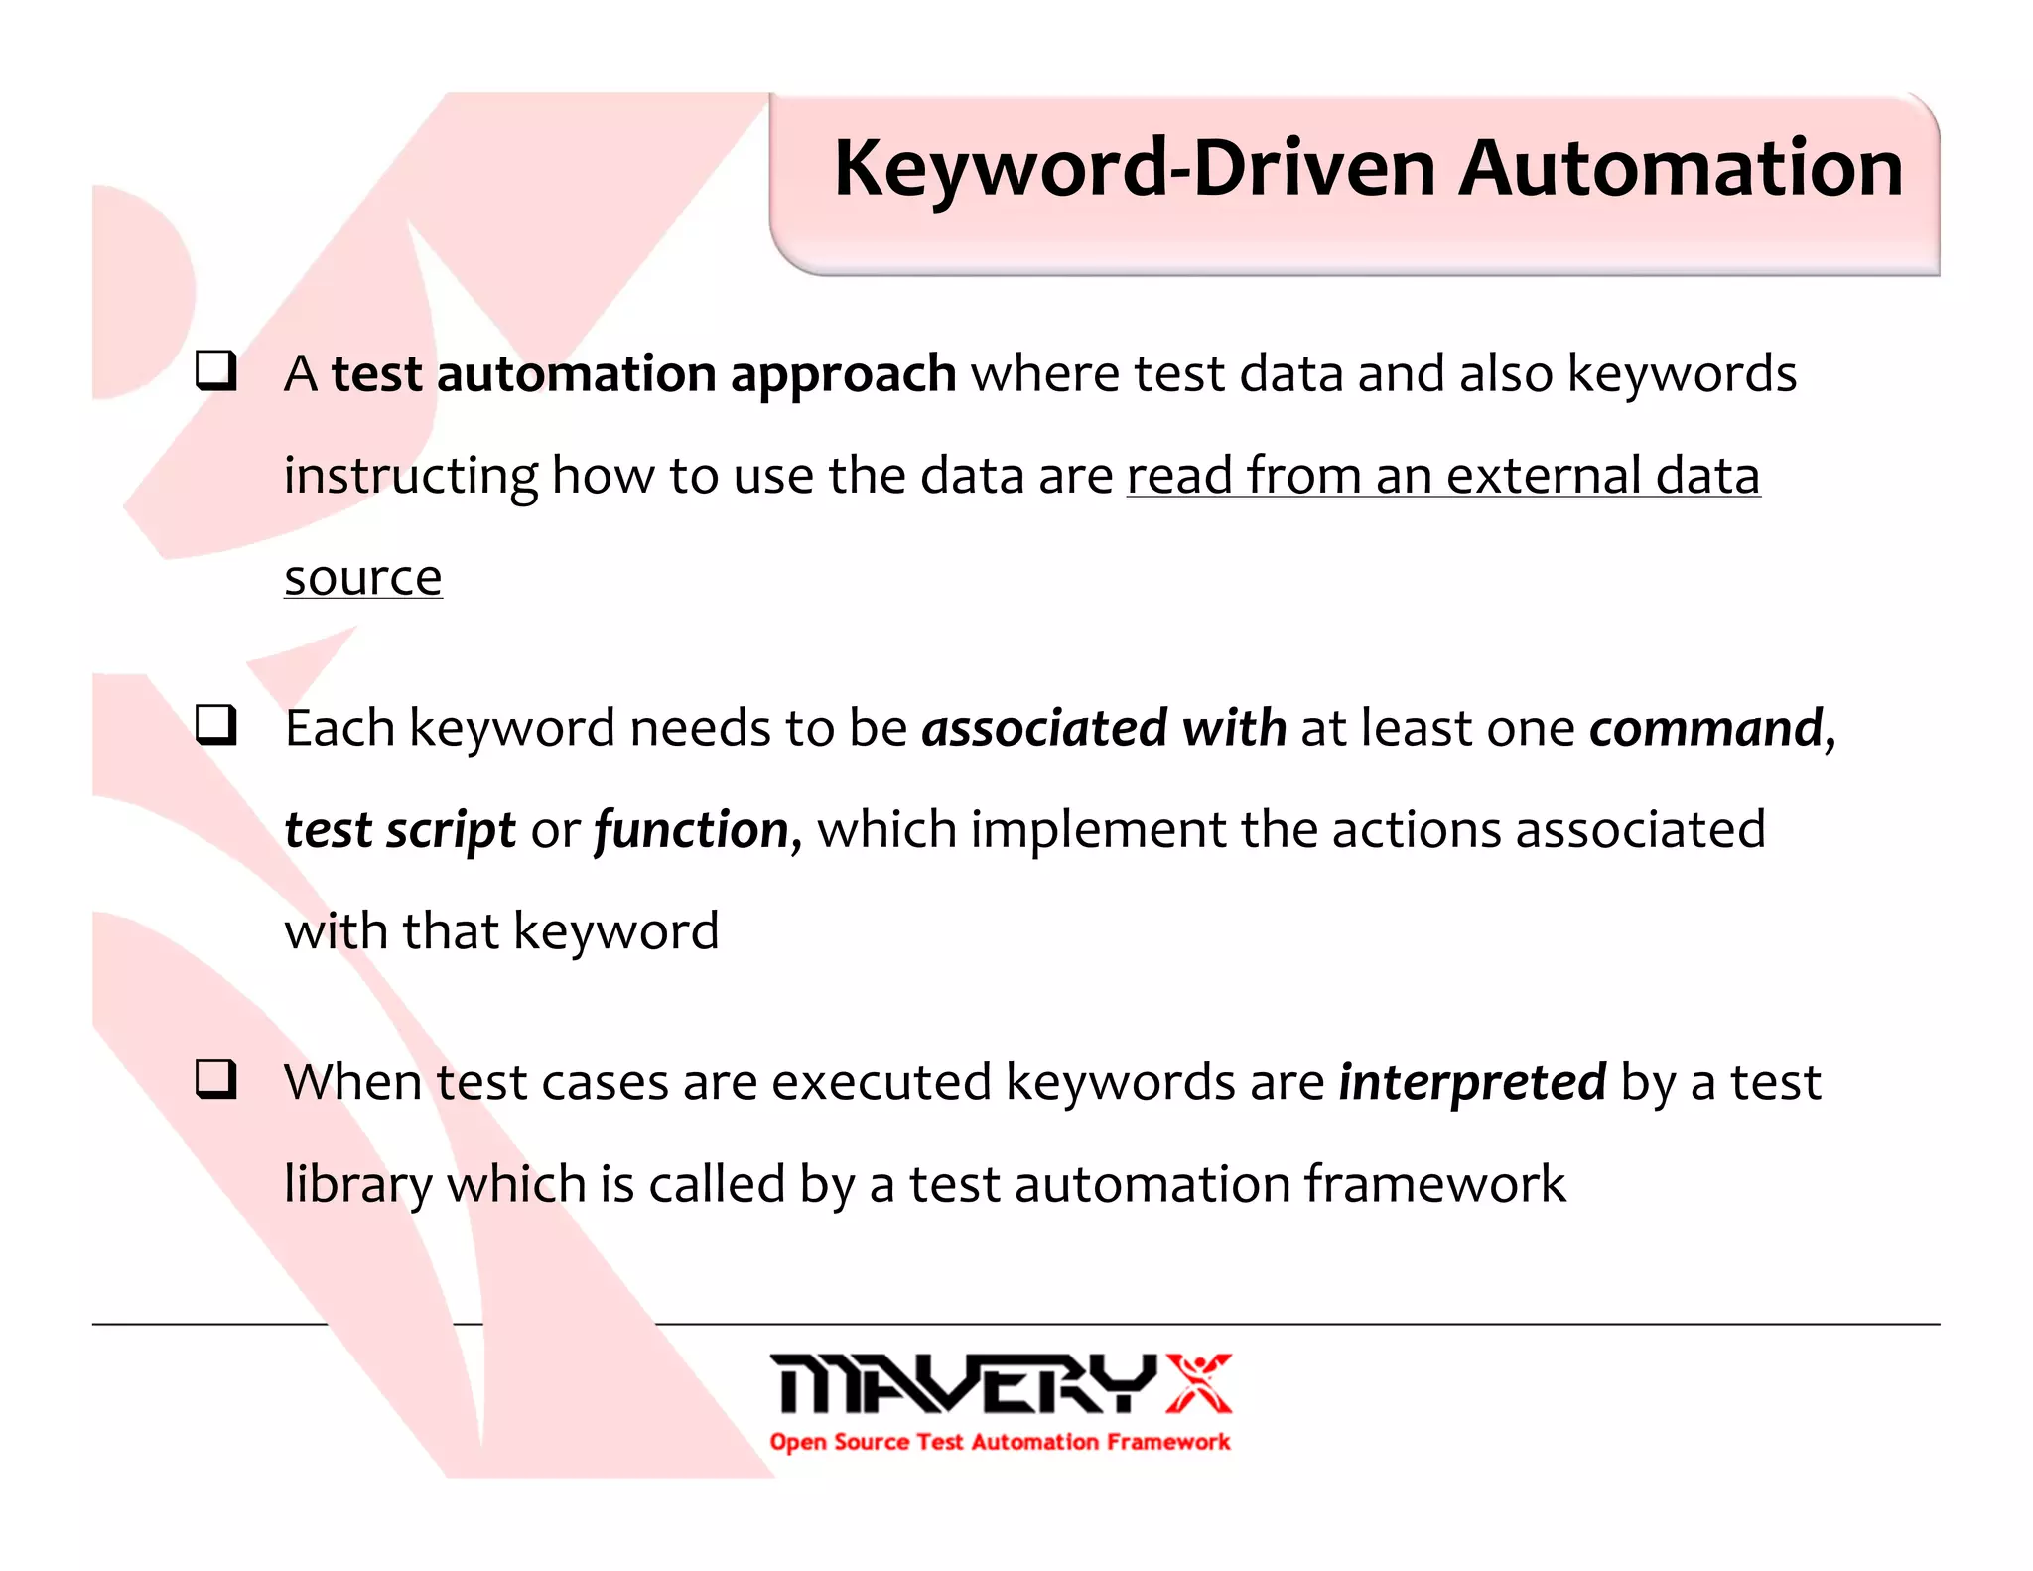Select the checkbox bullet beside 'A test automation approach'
215,371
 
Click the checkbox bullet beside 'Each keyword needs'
215,725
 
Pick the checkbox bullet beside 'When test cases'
215,1078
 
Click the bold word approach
843,375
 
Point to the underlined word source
362,578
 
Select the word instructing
410,477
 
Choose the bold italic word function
692,830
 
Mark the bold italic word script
451,830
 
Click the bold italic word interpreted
1472,1082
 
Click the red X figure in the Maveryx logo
1198,1382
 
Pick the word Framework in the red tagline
1168,1442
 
